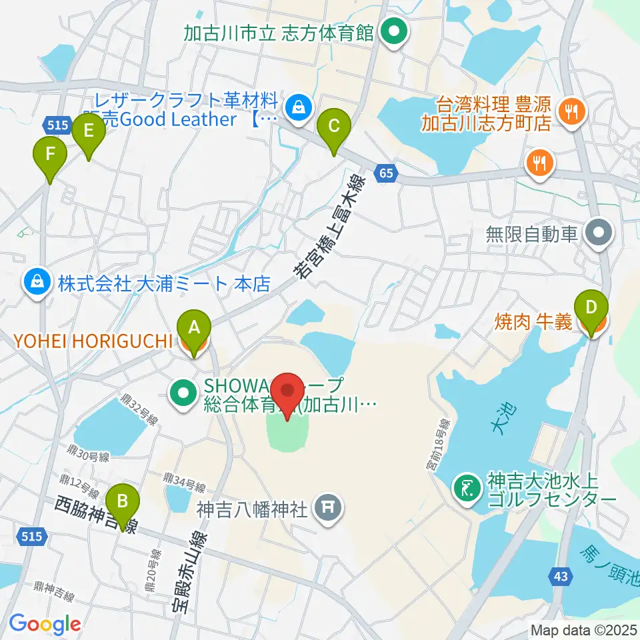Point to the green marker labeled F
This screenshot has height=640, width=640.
pos(51,155)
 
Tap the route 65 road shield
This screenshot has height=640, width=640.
pos(386,173)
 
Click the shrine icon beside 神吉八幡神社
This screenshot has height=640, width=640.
pos(327,509)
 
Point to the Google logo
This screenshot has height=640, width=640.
pos(44,624)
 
